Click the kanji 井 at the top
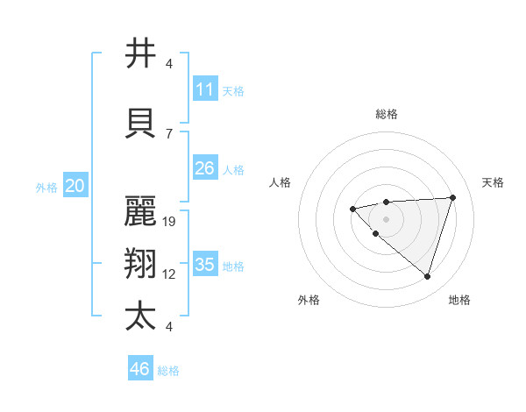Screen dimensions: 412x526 [140, 53]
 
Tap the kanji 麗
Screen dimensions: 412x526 [140, 210]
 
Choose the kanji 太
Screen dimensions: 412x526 [140, 316]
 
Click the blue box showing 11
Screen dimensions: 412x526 [205, 89]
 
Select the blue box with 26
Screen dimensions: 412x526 [205, 168]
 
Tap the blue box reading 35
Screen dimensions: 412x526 [205, 265]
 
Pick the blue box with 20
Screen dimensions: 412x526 [75, 186]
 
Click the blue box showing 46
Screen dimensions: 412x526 [140, 369]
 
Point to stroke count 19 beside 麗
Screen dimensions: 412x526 [170, 222]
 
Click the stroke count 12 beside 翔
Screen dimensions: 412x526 [170, 274]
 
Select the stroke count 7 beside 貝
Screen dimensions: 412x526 [170, 133]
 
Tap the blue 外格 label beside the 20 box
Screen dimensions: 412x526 [46, 187]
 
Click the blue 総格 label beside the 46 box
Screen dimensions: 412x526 [168, 371]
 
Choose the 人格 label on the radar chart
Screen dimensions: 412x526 [281, 182]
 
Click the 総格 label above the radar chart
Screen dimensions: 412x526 [387, 114]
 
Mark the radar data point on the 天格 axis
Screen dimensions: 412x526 [452, 197]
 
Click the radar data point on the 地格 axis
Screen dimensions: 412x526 [427, 276]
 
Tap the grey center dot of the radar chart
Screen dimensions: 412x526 [386, 218]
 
